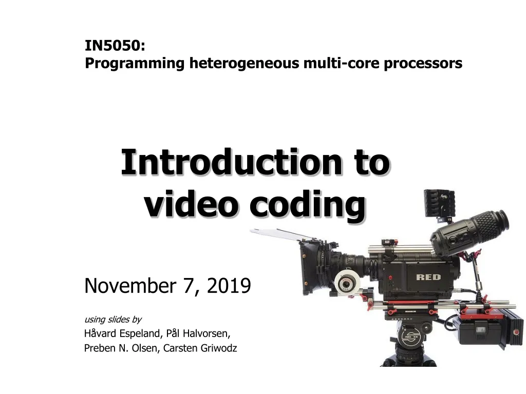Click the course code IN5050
[x=115, y=46]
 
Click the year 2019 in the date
[x=229, y=285]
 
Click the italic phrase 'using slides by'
[x=112, y=320]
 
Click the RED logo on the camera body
[x=428, y=278]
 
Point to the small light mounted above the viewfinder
[x=438, y=204]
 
